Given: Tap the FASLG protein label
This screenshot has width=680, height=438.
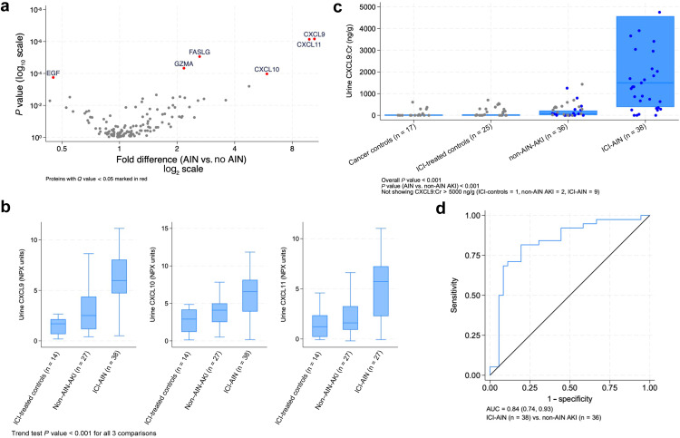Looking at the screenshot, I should point(199,52).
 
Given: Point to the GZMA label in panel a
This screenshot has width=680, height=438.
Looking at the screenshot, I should point(184,63).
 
